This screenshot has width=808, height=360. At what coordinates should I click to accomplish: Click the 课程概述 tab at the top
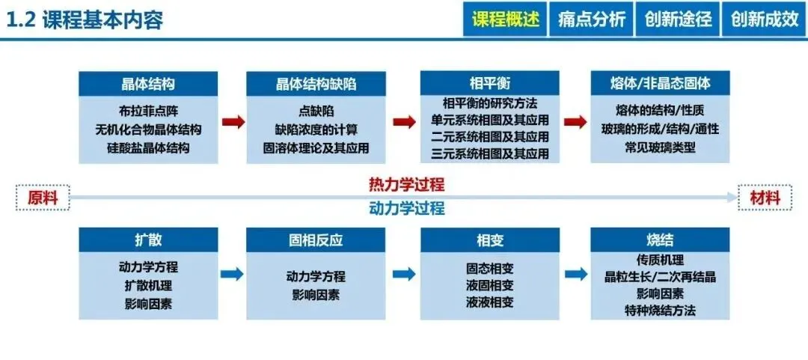click(505, 19)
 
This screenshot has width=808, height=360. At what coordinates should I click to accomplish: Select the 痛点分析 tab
click(591, 19)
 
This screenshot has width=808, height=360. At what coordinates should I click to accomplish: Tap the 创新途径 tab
click(678, 19)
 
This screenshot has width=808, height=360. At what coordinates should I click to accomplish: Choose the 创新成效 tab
click(764, 19)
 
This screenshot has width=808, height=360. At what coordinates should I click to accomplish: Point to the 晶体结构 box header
click(148, 84)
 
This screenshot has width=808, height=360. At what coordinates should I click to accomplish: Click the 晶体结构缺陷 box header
click(316, 84)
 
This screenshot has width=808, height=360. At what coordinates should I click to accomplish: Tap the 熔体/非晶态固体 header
click(660, 84)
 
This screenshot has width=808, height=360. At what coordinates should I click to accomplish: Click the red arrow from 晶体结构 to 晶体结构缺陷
click(233, 122)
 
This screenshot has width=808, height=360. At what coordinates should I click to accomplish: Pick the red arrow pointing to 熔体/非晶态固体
click(575, 122)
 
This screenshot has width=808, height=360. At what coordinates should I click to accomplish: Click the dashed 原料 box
click(43, 198)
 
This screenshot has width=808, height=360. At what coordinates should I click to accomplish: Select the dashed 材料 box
click(765, 198)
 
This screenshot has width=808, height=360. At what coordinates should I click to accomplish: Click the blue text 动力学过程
click(407, 208)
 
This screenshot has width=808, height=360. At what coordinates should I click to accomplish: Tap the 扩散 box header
click(148, 240)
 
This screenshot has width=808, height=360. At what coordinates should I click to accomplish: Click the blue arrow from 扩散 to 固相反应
click(233, 274)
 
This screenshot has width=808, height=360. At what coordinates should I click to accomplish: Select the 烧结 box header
click(660, 240)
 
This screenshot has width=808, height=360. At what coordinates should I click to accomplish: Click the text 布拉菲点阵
click(148, 111)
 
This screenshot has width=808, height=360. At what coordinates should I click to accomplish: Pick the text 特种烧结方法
click(660, 310)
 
